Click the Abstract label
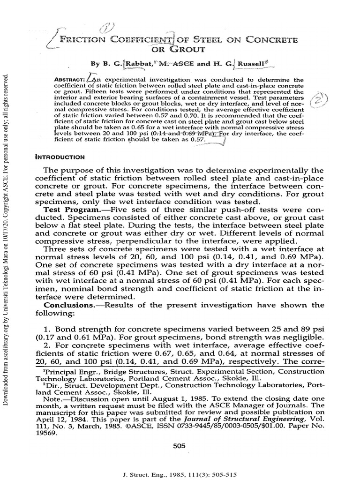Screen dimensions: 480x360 point(69,80)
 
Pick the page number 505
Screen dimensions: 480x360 point(180,446)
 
